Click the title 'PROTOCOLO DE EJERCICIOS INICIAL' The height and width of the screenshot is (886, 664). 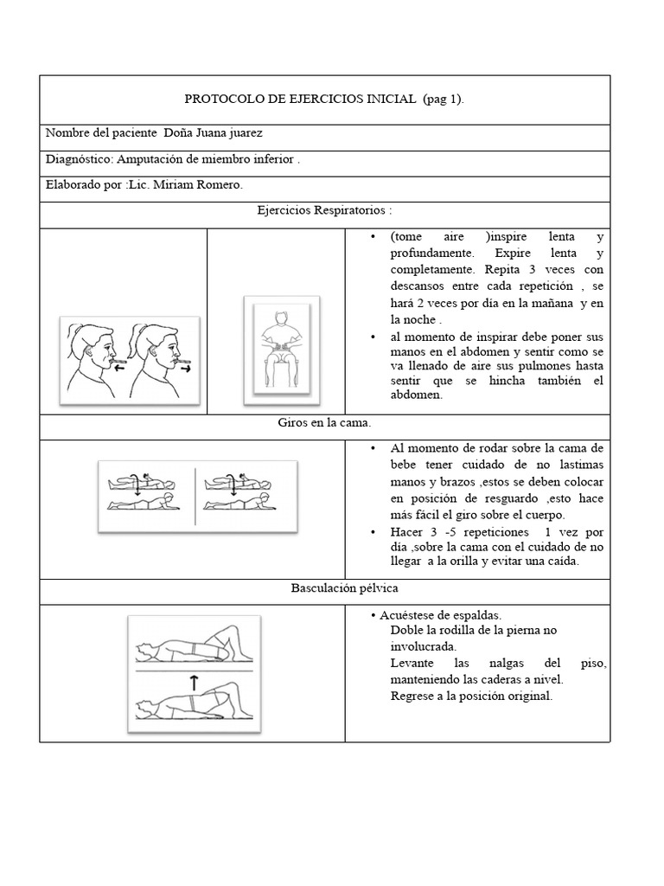[x=302, y=100]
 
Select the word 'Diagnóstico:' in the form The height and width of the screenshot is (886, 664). [x=78, y=160]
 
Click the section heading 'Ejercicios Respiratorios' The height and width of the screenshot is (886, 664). [x=324, y=210]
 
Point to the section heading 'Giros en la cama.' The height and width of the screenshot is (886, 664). [x=324, y=424]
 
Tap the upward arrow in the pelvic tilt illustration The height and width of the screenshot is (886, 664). [x=193, y=680]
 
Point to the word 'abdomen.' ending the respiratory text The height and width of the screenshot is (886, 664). [x=416, y=395]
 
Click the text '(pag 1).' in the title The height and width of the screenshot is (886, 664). [x=444, y=100]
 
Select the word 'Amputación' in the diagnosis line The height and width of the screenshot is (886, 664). [x=147, y=160]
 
